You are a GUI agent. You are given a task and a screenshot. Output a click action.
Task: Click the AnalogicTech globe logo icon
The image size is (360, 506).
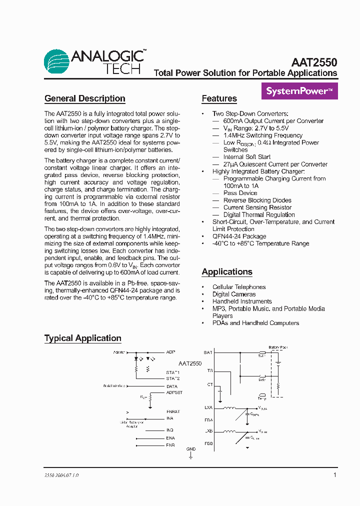56,62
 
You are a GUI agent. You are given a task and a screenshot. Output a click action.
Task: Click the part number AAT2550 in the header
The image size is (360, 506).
314,62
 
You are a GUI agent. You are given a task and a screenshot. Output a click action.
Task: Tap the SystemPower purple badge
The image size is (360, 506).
299,91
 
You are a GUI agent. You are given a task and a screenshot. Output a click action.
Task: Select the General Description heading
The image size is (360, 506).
84,98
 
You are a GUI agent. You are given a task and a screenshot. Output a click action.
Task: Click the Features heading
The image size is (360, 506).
219,98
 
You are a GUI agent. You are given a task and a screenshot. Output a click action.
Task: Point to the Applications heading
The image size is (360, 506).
227,272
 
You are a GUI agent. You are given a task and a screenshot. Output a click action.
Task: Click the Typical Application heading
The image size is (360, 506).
82,338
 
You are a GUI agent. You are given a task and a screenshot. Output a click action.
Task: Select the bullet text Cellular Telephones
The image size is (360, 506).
239,287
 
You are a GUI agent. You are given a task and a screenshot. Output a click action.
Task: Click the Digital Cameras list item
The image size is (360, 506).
234,294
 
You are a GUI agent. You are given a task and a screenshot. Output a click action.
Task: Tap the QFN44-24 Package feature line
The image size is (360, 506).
239,236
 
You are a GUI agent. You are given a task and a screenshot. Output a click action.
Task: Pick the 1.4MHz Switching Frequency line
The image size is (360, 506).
262,135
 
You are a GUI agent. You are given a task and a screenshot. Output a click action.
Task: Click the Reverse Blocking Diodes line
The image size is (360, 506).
257,200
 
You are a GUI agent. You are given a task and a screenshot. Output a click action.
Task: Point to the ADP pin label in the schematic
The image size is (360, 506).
170,352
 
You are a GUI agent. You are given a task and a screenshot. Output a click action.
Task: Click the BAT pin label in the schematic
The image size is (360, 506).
208,352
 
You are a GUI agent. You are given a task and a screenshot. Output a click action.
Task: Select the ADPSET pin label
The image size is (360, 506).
174,393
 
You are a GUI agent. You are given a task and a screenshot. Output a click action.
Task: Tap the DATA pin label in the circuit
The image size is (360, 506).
172,386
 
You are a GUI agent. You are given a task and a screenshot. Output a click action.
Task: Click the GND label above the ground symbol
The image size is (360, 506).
191,449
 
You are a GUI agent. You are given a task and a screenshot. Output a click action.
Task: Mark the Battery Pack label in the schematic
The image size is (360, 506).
278,347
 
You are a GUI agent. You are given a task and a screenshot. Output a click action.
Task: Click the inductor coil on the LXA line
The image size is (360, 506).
229,407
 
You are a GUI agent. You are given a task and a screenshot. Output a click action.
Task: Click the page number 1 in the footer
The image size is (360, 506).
334,475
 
